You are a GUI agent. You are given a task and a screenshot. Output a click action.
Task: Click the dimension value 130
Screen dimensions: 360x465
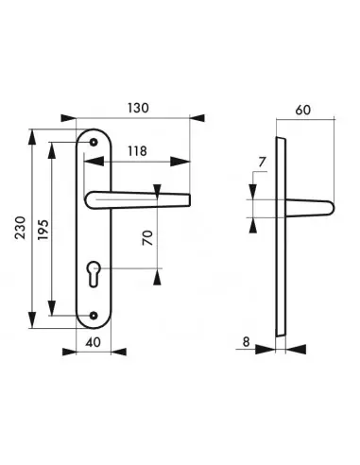138,108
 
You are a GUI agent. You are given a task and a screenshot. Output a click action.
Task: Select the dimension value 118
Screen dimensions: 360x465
137,151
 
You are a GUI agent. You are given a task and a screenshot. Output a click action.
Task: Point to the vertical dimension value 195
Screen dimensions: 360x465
43,230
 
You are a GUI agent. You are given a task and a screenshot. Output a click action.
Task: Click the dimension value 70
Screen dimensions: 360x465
147,238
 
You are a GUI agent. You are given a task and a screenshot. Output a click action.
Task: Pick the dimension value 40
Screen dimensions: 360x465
94,342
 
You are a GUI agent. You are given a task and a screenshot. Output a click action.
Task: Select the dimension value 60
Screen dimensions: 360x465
302,111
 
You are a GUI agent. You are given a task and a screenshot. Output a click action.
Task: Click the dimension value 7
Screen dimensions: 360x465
262,163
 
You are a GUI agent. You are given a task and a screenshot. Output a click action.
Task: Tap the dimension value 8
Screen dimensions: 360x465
247,341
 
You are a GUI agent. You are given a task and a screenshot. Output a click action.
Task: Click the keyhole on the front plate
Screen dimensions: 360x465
94,274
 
